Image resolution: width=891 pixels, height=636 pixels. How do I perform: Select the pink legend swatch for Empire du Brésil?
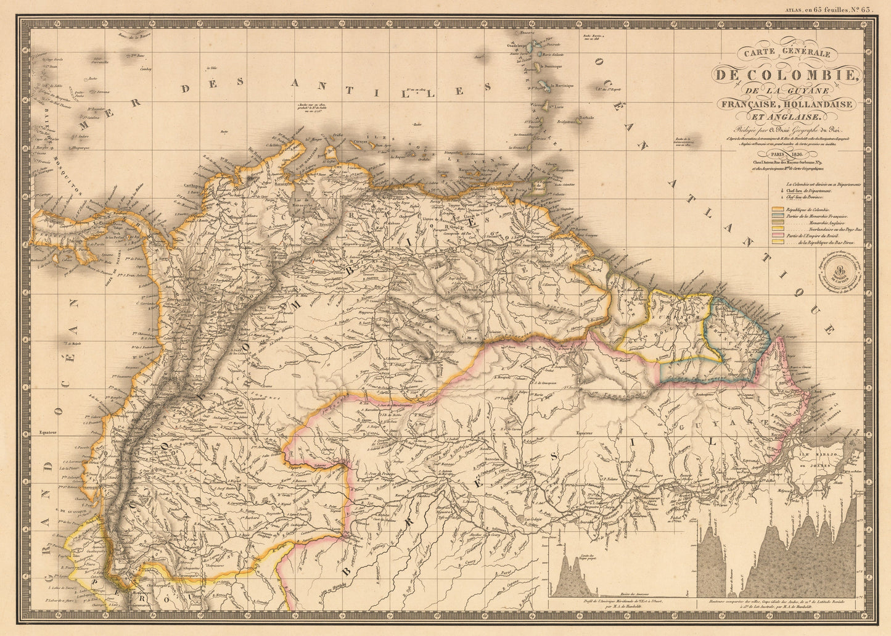tap(779, 234)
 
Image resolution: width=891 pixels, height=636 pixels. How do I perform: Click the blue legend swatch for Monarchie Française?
tap(779, 217)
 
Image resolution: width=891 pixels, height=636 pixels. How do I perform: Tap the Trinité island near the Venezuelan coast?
tap(540, 186)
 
